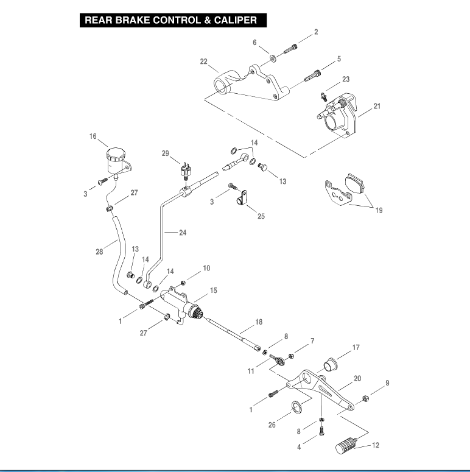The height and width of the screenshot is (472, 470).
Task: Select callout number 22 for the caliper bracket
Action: coord(204,62)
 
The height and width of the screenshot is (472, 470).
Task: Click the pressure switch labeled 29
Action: coord(186,172)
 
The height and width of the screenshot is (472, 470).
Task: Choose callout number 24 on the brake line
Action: coord(182,232)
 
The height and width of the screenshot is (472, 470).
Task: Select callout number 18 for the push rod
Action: coord(259,321)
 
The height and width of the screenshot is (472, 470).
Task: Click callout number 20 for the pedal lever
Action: coord(357,378)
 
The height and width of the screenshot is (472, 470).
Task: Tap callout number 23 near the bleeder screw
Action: coord(346,79)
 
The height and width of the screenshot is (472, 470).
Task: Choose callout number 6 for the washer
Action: coord(254,42)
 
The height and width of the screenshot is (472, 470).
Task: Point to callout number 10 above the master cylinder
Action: coord(206,268)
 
